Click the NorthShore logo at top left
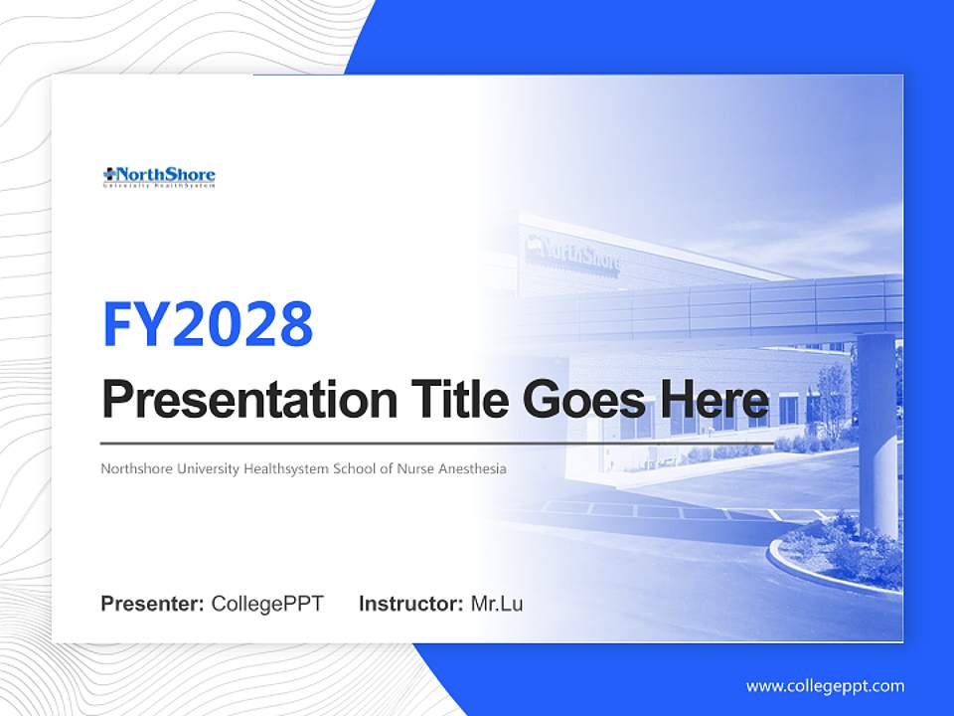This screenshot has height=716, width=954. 159,177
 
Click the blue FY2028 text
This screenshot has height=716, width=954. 208,323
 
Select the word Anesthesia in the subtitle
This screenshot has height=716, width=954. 471,468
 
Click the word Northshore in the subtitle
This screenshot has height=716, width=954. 137,468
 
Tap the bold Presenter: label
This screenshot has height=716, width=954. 153,604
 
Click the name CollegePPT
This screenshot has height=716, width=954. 267,604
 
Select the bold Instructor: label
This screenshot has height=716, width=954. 410,604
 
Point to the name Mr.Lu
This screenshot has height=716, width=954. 497,604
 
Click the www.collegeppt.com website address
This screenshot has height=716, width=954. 825,686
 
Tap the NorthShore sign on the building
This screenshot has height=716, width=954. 573,255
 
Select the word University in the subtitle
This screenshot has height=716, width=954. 209,468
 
